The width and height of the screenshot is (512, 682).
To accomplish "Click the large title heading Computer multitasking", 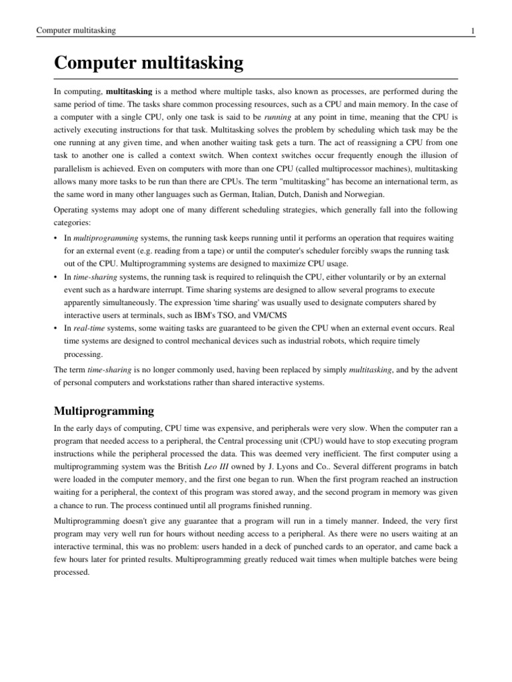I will point(149,64).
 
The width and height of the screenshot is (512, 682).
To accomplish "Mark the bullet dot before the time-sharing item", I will point(56,276).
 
